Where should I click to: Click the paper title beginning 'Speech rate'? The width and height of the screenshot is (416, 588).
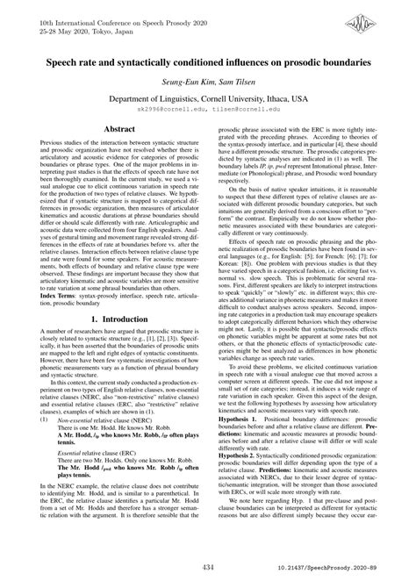208,62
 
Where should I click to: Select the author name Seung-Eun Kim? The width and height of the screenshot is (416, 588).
180,82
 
